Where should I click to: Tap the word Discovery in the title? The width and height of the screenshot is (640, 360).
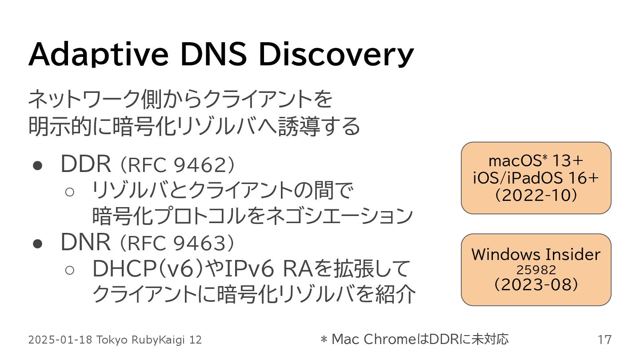pyautogui.click(x=336, y=55)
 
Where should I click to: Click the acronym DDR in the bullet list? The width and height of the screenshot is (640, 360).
pyautogui.click(x=85, y=165)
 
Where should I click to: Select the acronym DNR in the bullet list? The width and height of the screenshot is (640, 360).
pyautogui.click(x=85, y=242)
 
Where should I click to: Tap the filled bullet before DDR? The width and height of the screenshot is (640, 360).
pyautogui.click(x=38, y=165)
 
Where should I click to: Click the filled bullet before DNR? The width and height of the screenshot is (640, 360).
pyautogui.click(x=38, y=243)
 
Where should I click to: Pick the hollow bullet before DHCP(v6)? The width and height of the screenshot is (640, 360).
pyautogui.click(x=69, y=269)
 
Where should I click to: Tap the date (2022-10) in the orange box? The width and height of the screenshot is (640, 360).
pyautogui.click(x=536, y=195)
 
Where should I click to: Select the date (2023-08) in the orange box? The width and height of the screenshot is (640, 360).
pyautogui.click(x=536, y=284)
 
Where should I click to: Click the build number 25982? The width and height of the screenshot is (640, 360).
pyautogui.click(x=536, y=270)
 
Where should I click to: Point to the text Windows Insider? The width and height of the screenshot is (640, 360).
pyautogui.click(x=536, y=255)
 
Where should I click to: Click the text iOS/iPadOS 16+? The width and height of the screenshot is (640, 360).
pyautogui.click(x=536, y=178)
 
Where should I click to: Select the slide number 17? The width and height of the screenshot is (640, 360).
pyautogui.click(x=604, y=340)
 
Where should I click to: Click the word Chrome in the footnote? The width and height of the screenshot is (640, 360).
pyautogui.click(x=389, y=339)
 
